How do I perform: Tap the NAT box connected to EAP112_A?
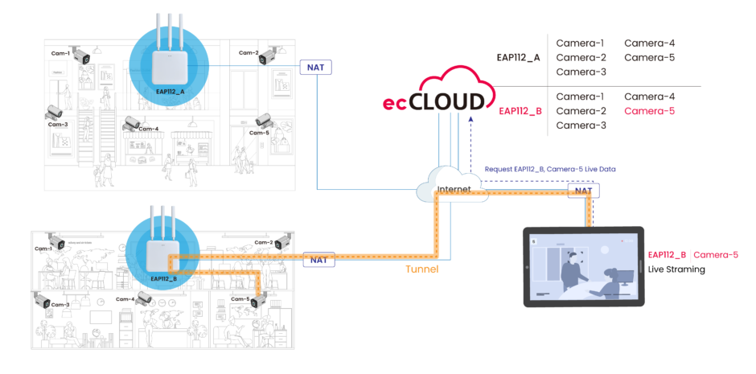tap(316, 67)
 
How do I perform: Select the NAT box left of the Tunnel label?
tap(318, 260)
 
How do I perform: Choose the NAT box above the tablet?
tap(583, 192)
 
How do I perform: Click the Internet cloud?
tap(450, 187)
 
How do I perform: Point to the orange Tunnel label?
tap(421, 269)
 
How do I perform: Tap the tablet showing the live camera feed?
tap(584, 266)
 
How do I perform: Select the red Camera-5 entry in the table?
tap(649, 111)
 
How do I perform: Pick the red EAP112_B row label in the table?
tap(520, 111)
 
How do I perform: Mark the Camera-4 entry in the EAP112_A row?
tap(649, 43)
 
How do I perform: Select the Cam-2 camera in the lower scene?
tap(281, 241)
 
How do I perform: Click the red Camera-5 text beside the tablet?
tap(717, 255)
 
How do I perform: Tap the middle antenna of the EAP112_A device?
tap(170, 23)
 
